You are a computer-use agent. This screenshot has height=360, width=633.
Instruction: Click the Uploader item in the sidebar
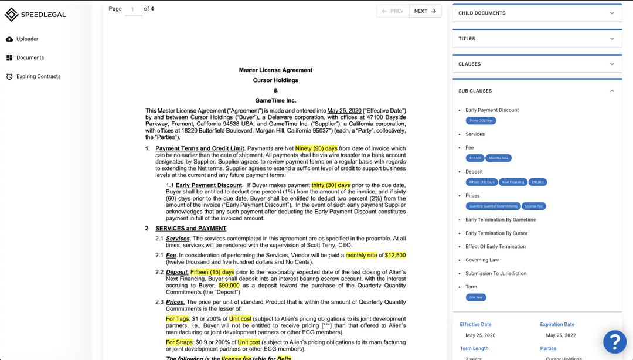click(27, 39)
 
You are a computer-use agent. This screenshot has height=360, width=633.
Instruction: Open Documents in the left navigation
click(30, 57)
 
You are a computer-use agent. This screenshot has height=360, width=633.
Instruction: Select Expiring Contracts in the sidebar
click(38, 76)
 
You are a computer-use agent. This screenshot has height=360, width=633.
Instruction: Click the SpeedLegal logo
click(36, 15)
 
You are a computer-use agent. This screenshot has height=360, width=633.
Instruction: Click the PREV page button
click(392, 11)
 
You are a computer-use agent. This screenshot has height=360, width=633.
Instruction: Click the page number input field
click(133, 9)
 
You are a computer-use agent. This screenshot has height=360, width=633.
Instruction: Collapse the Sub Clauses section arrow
click(612, 91)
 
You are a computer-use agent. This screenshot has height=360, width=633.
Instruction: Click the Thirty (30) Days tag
click(481, 121)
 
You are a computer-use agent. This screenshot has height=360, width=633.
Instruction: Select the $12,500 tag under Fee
click(475, 158)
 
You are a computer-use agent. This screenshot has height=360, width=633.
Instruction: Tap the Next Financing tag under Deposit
click(513, 182)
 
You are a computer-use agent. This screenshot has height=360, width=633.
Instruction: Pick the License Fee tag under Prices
click(534, 206)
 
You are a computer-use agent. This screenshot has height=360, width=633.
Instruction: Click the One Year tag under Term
click(476, 297)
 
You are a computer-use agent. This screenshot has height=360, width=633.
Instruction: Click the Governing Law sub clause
click(482, 260)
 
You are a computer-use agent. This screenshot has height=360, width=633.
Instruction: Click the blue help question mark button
click(615, 342)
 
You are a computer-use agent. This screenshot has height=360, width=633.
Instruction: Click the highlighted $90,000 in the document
click(229, 286)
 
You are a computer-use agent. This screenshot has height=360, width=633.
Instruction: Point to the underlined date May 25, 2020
click(345, 111)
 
